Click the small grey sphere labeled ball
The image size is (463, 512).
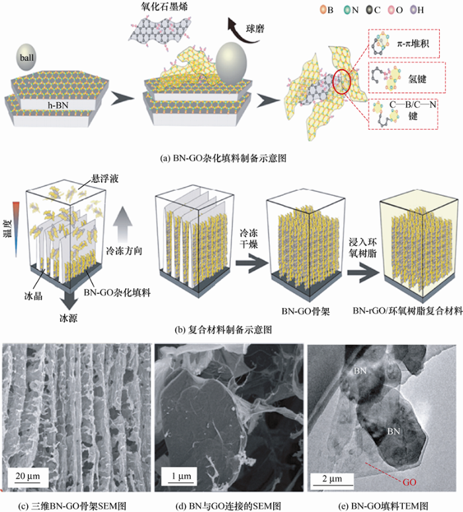coord(26,58)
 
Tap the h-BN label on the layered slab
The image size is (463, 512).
coord(58,105)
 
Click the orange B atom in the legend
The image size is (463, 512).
coord(323,10)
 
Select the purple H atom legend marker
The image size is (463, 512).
coord(413,10)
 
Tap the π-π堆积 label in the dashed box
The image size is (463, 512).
coord(413,44)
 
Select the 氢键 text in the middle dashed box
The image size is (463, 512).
coord(417,79)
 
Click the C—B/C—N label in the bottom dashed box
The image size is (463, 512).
coord(413,105)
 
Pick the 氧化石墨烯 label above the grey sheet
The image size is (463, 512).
coord(164,6)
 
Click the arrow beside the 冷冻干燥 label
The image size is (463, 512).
coord(251,263)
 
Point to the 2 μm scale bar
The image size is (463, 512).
coord(331,485)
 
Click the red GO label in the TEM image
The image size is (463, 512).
coord(409,482)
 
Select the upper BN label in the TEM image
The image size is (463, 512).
coord(360,371)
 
